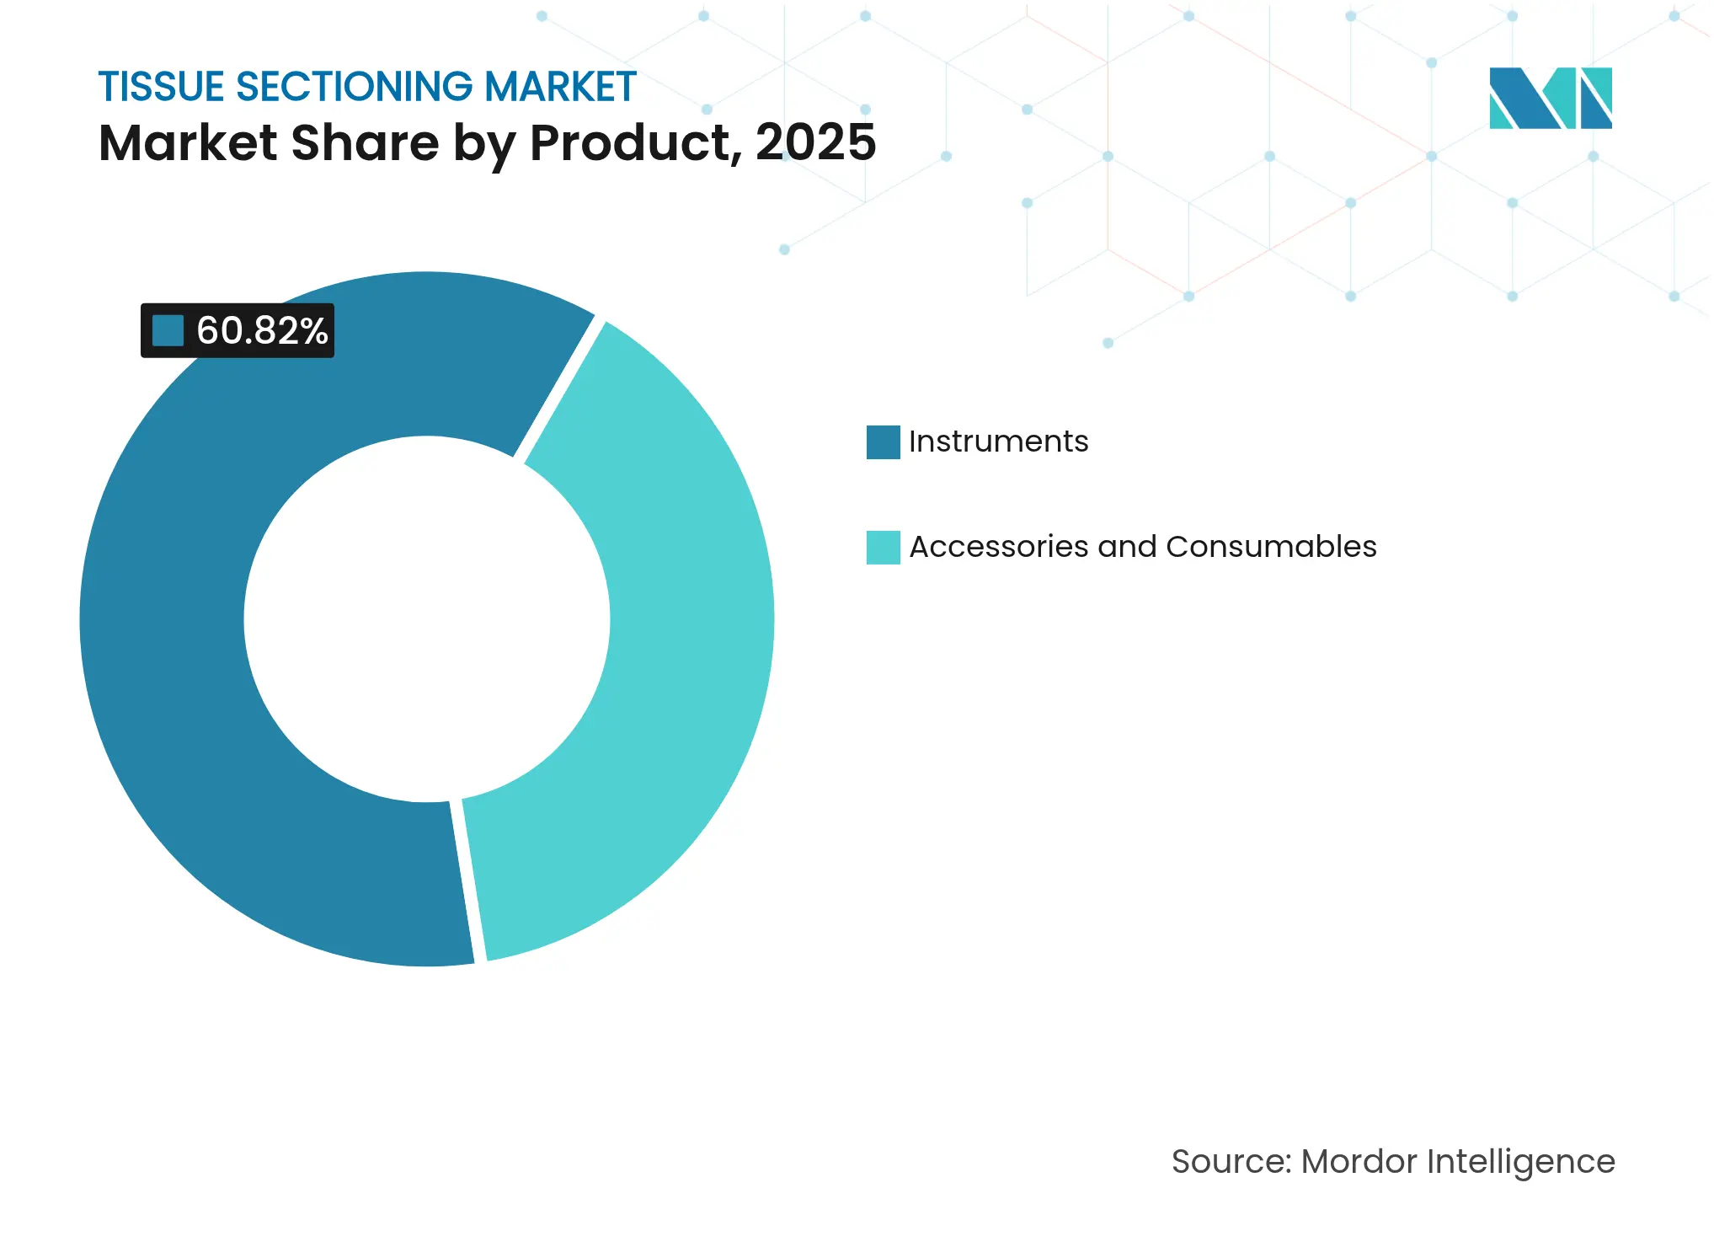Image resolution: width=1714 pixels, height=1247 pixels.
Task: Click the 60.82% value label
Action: [261, 331]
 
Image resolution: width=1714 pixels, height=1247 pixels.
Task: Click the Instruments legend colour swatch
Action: [883, 442]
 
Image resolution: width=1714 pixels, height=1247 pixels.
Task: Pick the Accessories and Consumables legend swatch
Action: [883, 548]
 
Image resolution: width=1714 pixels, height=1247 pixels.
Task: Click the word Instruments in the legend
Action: [998, 442]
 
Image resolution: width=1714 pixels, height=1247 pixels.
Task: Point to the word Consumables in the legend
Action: [1271, 547]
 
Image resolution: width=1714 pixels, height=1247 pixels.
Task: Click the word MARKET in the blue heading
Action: [559, 88]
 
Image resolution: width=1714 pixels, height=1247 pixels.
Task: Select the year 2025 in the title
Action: [815, 142]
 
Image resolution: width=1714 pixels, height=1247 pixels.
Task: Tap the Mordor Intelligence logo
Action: [1550, 99]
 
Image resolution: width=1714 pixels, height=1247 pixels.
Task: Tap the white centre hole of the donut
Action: [427, 619]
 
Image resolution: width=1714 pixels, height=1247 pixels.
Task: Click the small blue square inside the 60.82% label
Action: [168, 331]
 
